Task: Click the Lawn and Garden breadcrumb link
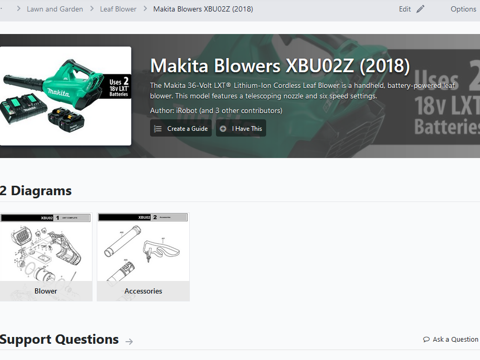point(55,9)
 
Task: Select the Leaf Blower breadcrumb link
point(118,9)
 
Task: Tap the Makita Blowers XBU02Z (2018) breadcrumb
point(203,9)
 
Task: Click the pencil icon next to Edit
point(420,9)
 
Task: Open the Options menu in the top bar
point(463,9)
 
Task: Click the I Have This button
point(241,128)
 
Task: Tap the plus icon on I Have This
point(223,129)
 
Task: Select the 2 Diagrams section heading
point(36,190)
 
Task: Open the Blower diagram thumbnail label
point(46,291)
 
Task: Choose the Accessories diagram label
point(143,291)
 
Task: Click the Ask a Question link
point(455,340)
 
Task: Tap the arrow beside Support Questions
point(129,341)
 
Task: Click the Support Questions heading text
point(60,340)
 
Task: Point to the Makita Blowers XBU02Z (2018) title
point(280,66)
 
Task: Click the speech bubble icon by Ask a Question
point(427,340)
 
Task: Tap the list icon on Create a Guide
point(158,129)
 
